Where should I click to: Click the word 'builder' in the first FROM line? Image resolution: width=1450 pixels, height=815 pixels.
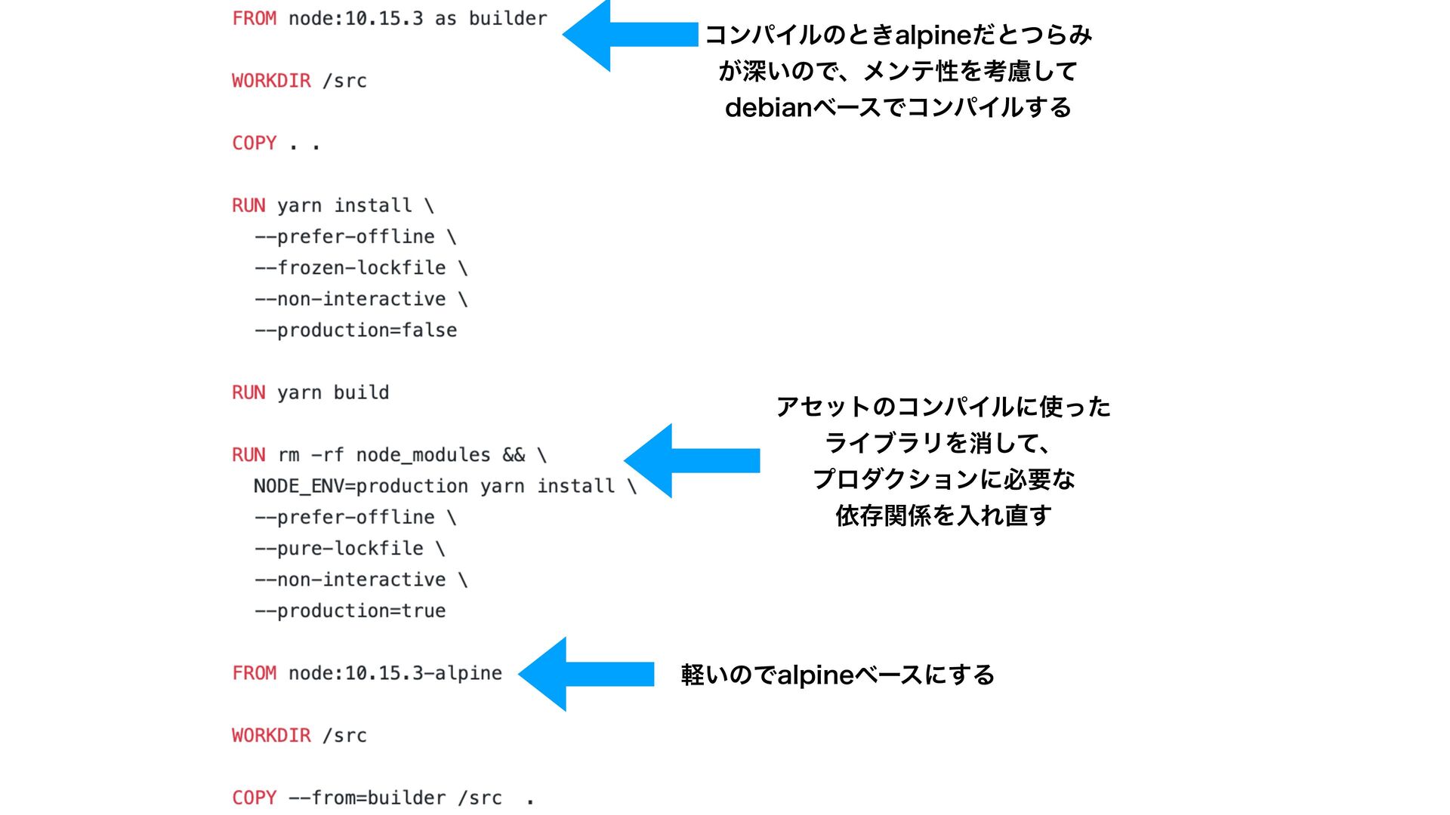[x=507, y=18]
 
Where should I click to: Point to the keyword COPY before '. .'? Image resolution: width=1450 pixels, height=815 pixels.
[x=254, y=143]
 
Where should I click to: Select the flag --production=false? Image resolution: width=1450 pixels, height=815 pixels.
[x=356, y=331]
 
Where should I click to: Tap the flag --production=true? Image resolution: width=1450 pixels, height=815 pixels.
[x=350, y=611]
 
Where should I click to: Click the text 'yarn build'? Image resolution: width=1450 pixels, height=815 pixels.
[x=333, y=392]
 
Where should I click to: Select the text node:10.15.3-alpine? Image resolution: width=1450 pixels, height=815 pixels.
[x=395, y=673]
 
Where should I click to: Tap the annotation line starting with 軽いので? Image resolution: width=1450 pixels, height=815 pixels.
[x=837, y=675]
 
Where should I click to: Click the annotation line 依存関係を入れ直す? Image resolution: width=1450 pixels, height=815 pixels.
[x=943, y=516]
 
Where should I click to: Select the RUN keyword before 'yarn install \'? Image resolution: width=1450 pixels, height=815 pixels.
[x=248, y=205]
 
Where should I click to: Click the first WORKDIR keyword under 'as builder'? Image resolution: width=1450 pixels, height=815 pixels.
[x=271, y=81]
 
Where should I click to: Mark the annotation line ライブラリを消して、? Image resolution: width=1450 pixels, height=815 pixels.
[x=937, y=443]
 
